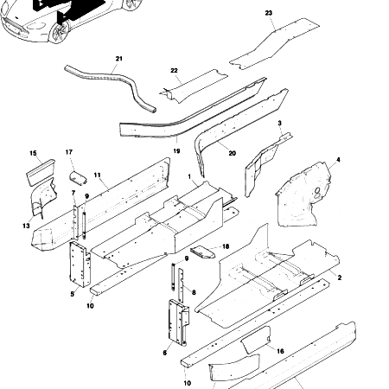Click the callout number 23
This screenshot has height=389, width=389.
coord(268,13)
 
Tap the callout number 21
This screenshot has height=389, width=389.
coord(118,59)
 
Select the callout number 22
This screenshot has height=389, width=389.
coord(174,70)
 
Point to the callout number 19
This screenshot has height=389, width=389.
coord(176,150)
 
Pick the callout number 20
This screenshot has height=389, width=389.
coord(233,153)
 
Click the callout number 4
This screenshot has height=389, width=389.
coord(338,160)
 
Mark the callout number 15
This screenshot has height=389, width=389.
coord(34,154)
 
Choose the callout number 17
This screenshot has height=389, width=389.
coord(69,154)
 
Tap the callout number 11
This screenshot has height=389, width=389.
coord(98,175)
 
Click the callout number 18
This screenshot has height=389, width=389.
coord(226,246)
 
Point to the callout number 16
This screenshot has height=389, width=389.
coord(280,350)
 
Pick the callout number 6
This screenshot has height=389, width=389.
coord(164,353)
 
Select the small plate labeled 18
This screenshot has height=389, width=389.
coord(204,252)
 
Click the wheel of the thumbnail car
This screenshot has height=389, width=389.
coord(58,32)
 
